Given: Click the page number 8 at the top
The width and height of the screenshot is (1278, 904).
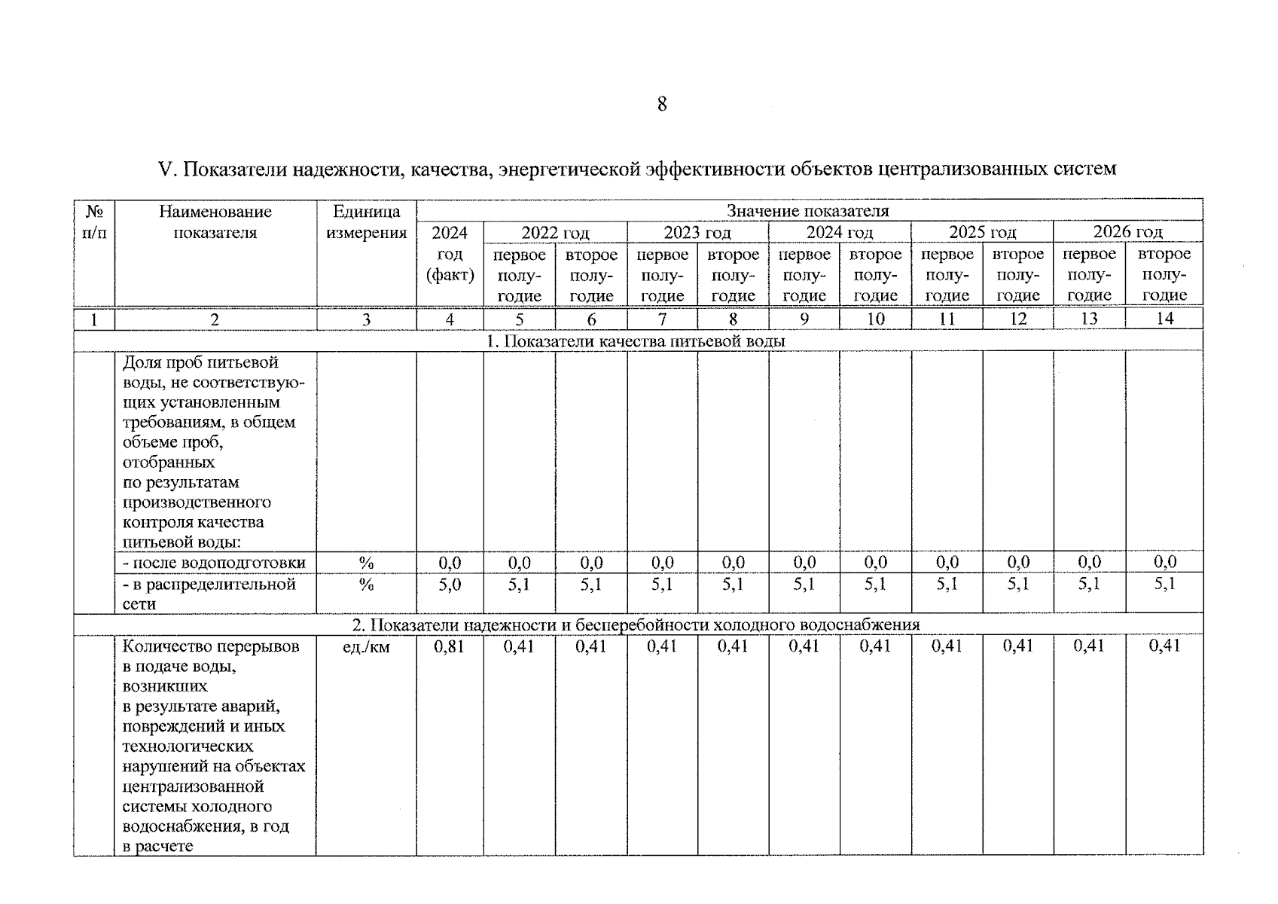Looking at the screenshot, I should coord(661,104).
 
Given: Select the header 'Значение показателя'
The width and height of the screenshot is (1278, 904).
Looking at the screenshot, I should coord(807,211).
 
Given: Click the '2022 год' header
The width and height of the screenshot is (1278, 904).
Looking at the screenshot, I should coord(555,233).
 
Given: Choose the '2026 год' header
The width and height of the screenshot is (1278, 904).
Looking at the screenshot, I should coord(1127,232).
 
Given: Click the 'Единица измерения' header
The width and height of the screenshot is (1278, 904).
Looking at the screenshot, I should coord(366,222).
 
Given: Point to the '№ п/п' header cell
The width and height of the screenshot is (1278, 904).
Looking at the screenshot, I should coord(94,222).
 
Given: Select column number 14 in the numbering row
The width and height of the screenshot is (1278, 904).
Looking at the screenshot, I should coord(1164,319).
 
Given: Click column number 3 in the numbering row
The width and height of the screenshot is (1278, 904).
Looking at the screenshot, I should coord(366,319).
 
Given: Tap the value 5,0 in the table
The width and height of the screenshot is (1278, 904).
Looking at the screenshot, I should coord(450,584).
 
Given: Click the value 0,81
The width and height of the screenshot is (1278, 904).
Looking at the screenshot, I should coord(450,646).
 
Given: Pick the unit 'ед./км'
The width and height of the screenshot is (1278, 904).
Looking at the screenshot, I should coord(366,646).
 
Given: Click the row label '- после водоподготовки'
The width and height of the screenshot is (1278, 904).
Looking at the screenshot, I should coord(215,563).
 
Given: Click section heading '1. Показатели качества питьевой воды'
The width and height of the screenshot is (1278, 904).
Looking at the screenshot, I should coord(636,341).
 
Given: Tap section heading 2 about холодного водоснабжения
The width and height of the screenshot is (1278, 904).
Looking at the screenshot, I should coord(636,625).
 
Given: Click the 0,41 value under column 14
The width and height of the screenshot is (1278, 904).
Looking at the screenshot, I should coord(1164,646).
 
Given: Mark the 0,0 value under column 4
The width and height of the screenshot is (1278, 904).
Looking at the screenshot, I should coord(450,563).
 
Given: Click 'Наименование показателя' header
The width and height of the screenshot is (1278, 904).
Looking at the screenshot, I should coord(215,222).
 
